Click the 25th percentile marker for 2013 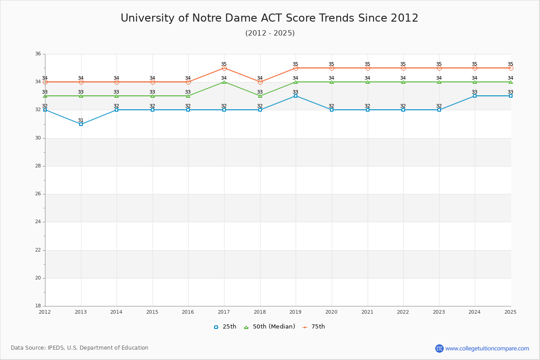(81, 124)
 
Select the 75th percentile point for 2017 (224, 68)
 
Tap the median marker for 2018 (260, 96)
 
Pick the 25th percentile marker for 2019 (296, 96)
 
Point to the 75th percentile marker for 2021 (368, 68)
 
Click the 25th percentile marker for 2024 (475, 96)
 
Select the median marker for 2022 (403, 82)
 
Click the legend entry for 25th (225, 327)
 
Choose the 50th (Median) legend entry (270, 327)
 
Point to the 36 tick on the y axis (38, 54)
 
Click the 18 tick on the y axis (38, 306)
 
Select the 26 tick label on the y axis (38, 194)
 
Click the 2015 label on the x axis (152, 312)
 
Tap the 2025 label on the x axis (510, 312)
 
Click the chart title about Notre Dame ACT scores (270, 18)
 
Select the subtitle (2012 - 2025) (270, 33)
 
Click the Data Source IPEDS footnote (80, 348)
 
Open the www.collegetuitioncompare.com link (487, 348)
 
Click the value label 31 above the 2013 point (81, 120)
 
